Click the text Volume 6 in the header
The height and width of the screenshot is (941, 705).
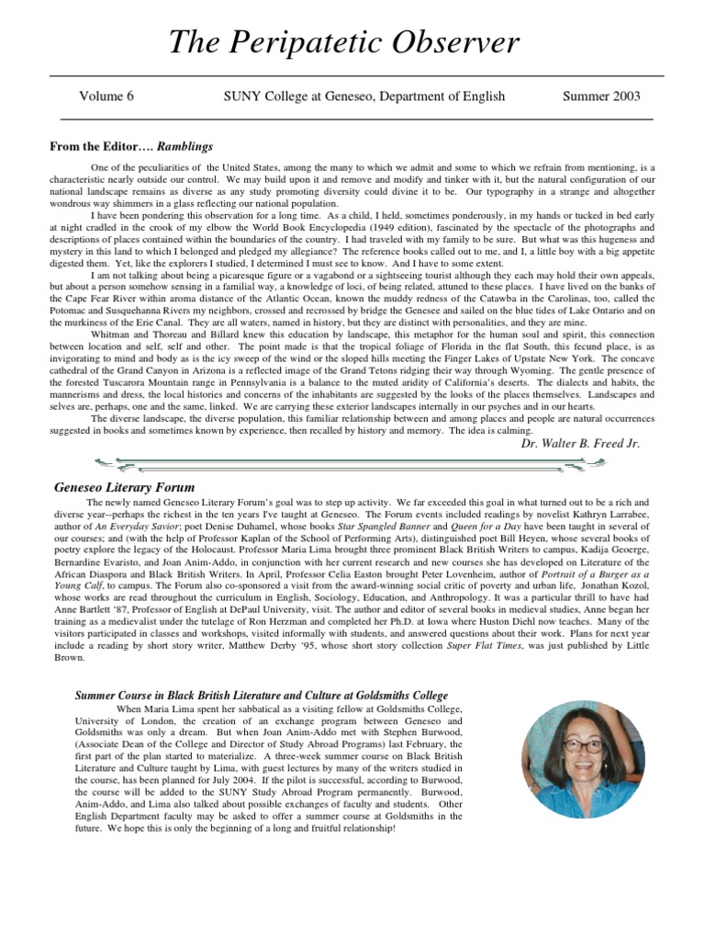coord(106,96)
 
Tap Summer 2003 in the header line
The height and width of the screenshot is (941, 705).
coord(601,96)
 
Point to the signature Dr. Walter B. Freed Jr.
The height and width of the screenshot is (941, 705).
coord(579,443)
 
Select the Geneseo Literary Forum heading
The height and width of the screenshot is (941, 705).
coord(124,487)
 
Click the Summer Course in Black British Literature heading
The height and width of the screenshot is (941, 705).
coord(261,695)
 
